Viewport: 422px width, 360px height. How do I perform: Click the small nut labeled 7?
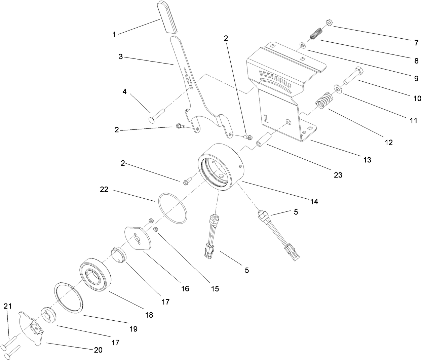click(329, 23)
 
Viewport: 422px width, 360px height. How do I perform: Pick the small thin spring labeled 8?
click(316, 34)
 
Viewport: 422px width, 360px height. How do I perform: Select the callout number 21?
click(7, 306)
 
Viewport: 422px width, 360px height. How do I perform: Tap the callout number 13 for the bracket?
click(367, 160)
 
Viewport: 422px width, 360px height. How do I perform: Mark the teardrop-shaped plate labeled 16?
click(138, 239)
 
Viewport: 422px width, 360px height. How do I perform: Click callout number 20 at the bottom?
click(98, 350)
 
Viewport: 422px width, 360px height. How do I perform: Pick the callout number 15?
click(215, 288)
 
